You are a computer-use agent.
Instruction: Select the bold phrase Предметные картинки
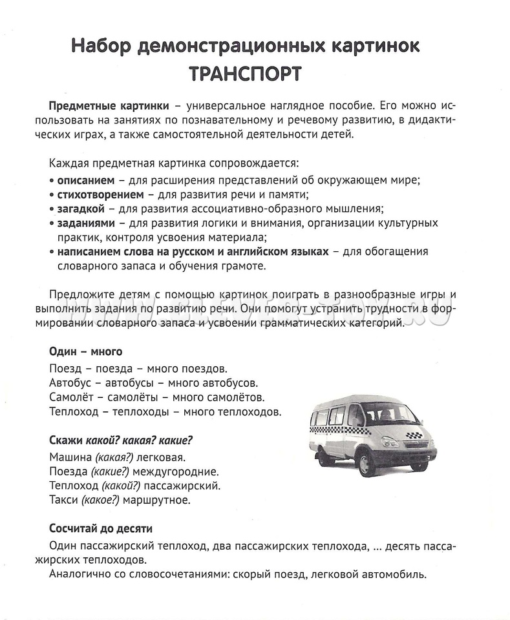(109, 105)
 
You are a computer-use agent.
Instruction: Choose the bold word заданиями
(85, 223)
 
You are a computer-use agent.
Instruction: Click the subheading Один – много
(85, 352)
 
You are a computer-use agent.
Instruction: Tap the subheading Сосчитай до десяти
(100, 528)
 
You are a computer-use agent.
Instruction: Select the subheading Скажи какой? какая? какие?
(121, 440)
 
